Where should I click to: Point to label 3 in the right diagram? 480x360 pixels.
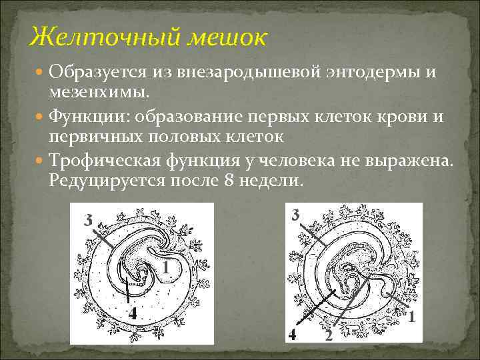pos(297,215)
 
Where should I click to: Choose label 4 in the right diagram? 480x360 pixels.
pos(292,333)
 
